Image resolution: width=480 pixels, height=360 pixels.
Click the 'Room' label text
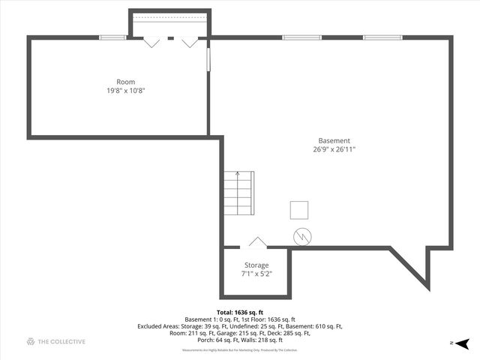[x=125, y=82]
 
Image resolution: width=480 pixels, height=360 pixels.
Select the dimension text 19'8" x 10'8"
[x=125, y=90]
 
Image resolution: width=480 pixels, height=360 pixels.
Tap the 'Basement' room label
[x=334, y=140]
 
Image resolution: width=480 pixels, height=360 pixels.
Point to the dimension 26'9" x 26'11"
[x=334, y=149]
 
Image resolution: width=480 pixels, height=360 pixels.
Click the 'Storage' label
[x=256, y=265]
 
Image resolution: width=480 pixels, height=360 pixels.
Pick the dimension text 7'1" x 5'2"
[x=256, y=274]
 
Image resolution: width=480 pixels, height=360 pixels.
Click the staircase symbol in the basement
[x=238, y=194]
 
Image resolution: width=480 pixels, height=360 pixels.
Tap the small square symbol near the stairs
[x=300, y=210]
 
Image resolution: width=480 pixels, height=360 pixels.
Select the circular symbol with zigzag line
[x=301, y=236]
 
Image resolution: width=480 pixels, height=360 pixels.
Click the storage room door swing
[x=257, y=241]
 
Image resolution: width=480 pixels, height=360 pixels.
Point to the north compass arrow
[x=464, y=343]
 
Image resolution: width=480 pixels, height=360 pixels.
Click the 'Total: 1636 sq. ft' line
[x=240, y=312]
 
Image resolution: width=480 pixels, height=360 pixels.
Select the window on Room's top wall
[x=112, y=37]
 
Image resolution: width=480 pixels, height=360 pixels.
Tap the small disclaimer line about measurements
[x=240, y=349]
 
